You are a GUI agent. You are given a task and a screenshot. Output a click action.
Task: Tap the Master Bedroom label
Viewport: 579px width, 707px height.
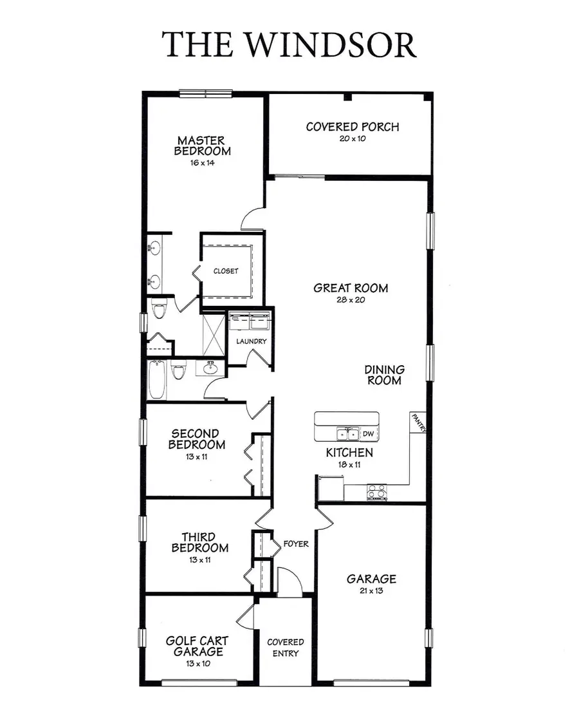point(201,146)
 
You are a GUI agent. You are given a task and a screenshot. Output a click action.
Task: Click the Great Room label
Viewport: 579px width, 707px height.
point(351,288)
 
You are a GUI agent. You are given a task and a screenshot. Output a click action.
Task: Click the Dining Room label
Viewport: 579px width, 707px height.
point(385,375)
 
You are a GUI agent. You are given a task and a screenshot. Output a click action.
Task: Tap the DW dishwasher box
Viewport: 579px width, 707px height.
point(369,434)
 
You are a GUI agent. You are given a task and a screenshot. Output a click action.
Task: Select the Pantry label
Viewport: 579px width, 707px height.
point(418,423)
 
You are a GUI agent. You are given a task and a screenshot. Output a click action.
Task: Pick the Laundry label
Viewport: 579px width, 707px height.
point(251,341)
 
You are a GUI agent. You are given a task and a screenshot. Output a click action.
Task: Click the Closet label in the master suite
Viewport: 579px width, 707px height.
point(226,271)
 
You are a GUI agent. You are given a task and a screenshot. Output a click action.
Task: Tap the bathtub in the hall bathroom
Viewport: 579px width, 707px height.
point(157,380)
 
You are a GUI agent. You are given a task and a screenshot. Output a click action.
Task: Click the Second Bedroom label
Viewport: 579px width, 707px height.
point(197,439)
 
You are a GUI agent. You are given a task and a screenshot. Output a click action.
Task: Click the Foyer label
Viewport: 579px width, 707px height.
point(296,544)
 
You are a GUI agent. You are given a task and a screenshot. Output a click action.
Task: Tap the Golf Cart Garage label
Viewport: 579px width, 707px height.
point(197,646)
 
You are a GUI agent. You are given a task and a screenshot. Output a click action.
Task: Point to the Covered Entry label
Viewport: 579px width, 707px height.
point(286,648)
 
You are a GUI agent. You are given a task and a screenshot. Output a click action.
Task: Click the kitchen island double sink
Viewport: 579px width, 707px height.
point(346,434)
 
